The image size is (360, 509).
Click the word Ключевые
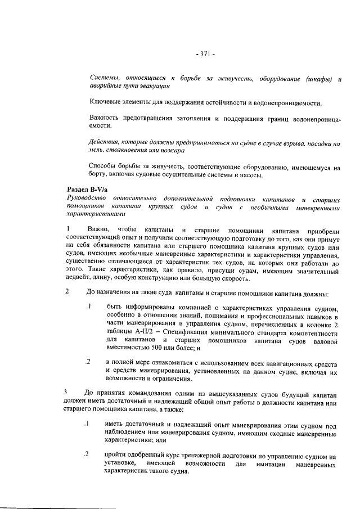pyautogui.click(x=107, y=103)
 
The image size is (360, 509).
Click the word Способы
pyautogui.click(x=107, y=167)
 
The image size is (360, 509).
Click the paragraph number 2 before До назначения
pyautogui.click(x=69, y=292)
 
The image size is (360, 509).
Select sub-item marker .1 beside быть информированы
pyautogui.click(x=88, y=307)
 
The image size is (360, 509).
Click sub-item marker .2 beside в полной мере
pyautogui.click(x=88, y=362)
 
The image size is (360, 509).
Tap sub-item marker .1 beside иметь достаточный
pyautogui.click(x=88, y=423)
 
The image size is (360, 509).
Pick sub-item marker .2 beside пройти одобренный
pyautogui.click(x=88, y=454)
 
